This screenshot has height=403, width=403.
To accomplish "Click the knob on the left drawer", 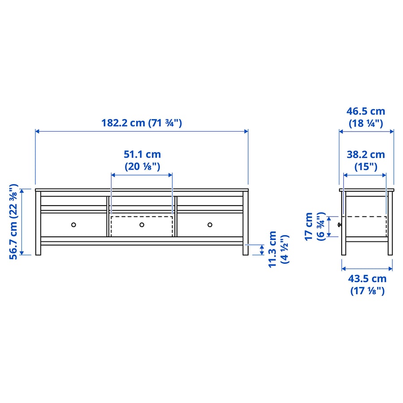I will click(x=74, y=224).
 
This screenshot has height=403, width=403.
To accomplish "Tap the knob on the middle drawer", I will click(x=141, y=224).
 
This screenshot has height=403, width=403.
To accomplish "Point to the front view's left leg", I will click(x=38, y=249).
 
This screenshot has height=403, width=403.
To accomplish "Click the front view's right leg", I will click(x=245, y=249).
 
